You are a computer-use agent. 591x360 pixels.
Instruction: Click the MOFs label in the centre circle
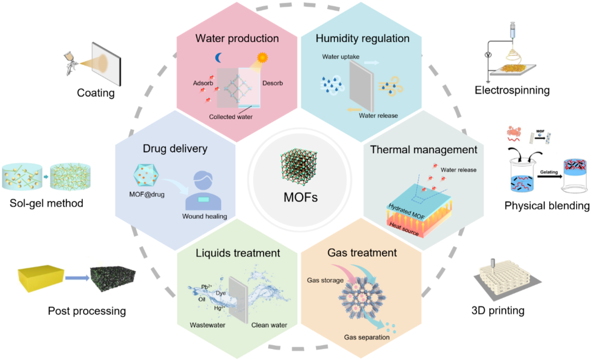[x=300, y=197]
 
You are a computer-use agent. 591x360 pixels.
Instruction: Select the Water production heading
[x=237, y=38]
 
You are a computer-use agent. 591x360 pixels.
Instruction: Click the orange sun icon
[x=261, y=60]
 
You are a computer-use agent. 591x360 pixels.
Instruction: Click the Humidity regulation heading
[x=362, y=38]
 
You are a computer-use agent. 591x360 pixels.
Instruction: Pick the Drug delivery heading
[x=175, y=149]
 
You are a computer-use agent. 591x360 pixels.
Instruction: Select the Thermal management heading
[x=423, y=150]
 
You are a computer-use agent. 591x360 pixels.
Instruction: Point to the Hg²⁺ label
[x=220, y=308]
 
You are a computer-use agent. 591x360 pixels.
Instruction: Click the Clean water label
[x=269, y=325]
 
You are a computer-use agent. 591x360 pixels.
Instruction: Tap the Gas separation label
[x=367, y=337]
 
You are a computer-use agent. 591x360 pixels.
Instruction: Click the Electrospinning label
[x=512, y=90]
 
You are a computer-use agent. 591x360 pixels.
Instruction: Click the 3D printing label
[x=498, y=310]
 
